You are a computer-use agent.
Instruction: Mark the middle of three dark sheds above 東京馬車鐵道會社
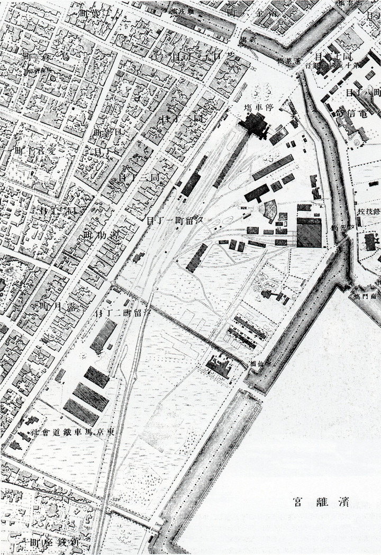point(90,394)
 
